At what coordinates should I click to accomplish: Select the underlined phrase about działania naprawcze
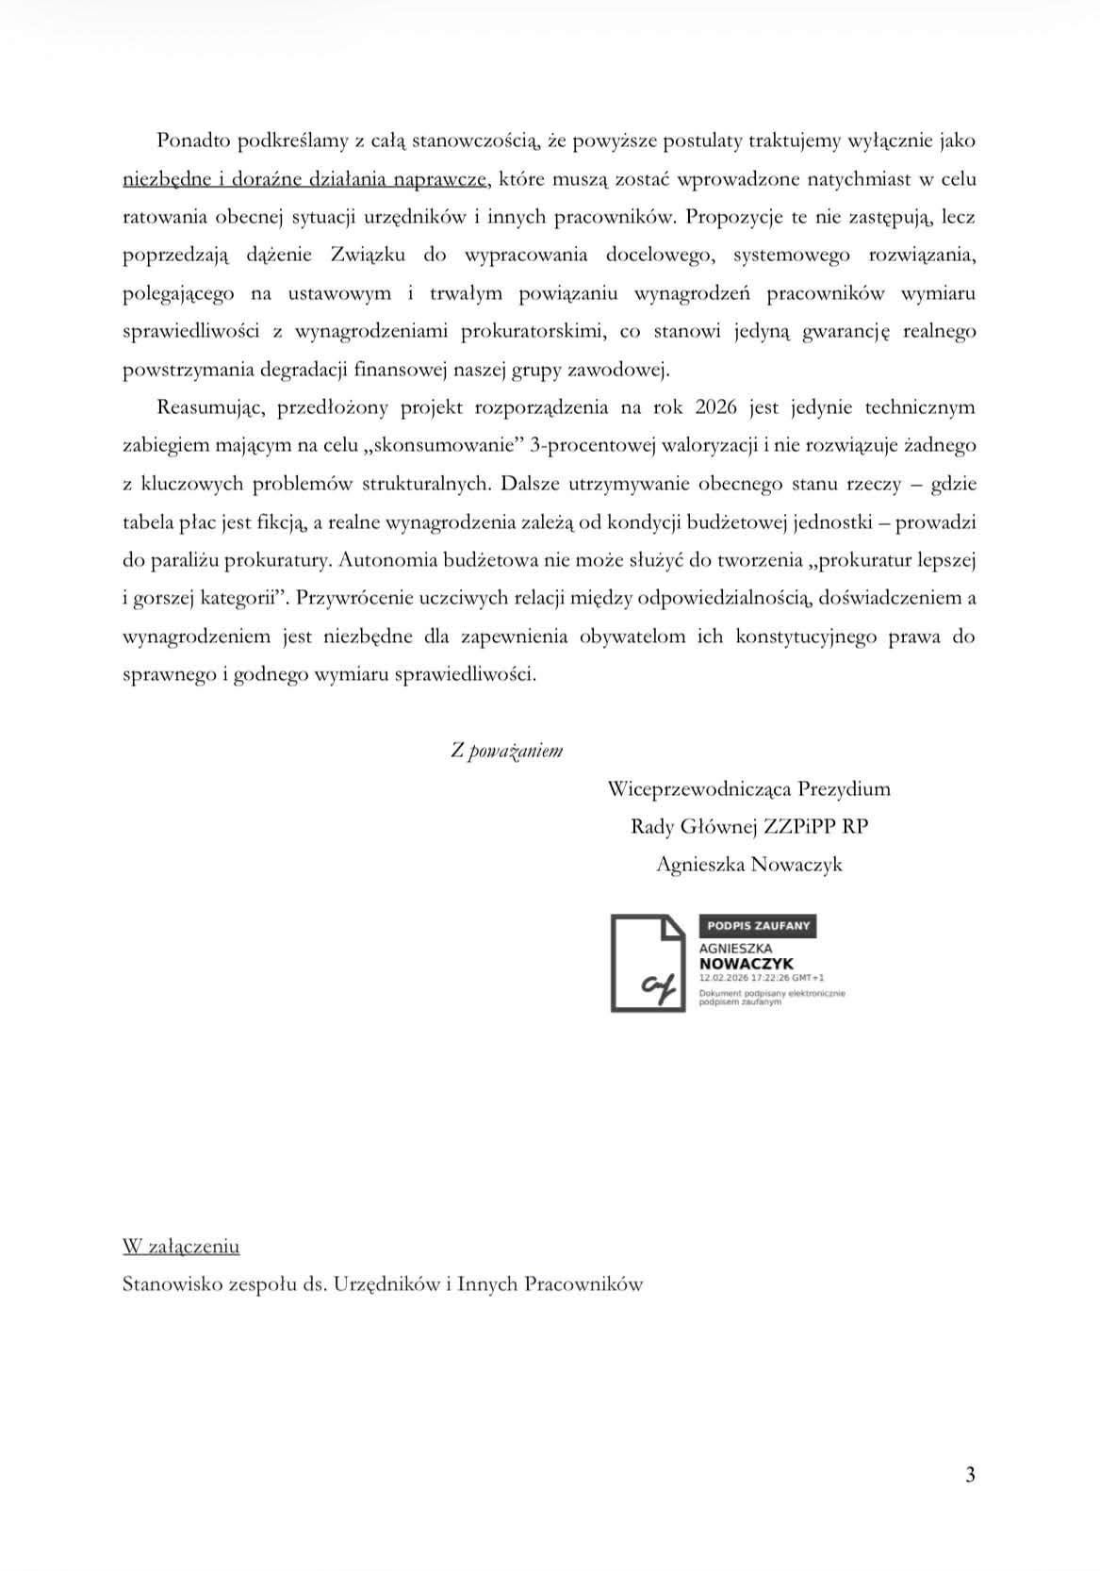coord(305,179)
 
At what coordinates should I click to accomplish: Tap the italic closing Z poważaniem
coord(506,751)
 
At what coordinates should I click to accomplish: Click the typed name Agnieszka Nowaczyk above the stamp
coord(748,864)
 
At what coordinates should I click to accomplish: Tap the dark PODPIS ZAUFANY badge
coord(757,925)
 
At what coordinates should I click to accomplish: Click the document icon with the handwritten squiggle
coord(649,963)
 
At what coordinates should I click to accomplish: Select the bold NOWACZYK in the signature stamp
coord(746,964)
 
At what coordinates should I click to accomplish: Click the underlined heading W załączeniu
coord(181,1247)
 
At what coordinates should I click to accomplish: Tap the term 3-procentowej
coord(584,445)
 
